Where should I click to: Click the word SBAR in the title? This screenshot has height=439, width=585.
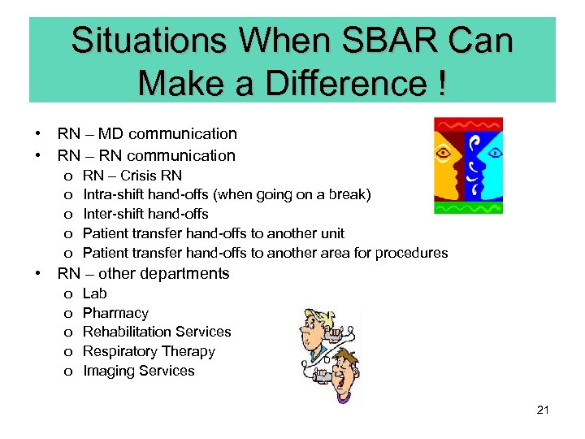coord(376,41)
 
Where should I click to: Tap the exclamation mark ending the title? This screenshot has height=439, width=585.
coord(439,82)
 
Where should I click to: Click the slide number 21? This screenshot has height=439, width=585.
coord(543,410)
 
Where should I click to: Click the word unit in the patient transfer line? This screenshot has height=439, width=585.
coord(331,234)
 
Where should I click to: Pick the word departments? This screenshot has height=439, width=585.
coord(189,274)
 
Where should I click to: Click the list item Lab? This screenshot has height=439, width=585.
coord(95,293)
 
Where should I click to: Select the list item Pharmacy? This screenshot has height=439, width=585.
coord(116,313)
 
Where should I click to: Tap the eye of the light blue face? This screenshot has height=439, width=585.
coord(495,152)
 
